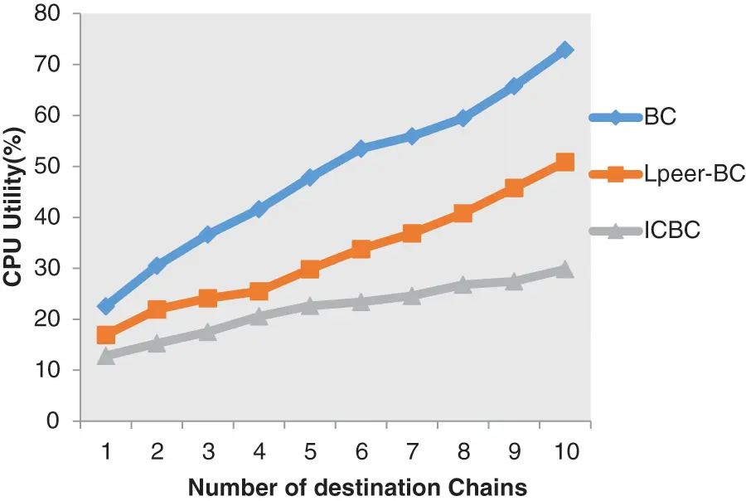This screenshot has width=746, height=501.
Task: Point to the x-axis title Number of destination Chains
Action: pyautogui.click(x=357, y=486)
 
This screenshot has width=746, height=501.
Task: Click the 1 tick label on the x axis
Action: pyautogui.click(x=106, y=452)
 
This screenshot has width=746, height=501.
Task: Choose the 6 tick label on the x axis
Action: pyautogui.click(x=361, y=452)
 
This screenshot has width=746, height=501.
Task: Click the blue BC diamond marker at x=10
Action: pyautogui.click(x=564, y=51)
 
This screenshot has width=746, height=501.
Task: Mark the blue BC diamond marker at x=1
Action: pyautogui.click(x=106, y=306)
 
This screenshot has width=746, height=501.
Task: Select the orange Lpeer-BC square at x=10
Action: pyautogui.click(x=564, y=162)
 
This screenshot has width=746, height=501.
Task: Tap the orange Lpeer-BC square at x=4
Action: pyautogui.click(x=259, y=291)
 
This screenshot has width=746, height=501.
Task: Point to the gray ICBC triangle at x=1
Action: pyautogui.click(x=106, y=356)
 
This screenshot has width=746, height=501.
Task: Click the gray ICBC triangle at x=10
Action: pyautogui.click(x=564, y=269)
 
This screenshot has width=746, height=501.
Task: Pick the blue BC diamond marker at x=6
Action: pyautogui.click(x=361, y=148)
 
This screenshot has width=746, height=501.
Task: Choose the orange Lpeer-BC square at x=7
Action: pyautogui.click(x=412, y=233)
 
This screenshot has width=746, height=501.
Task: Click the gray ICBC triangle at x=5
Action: pyautogui.click(x=310, y=305)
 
